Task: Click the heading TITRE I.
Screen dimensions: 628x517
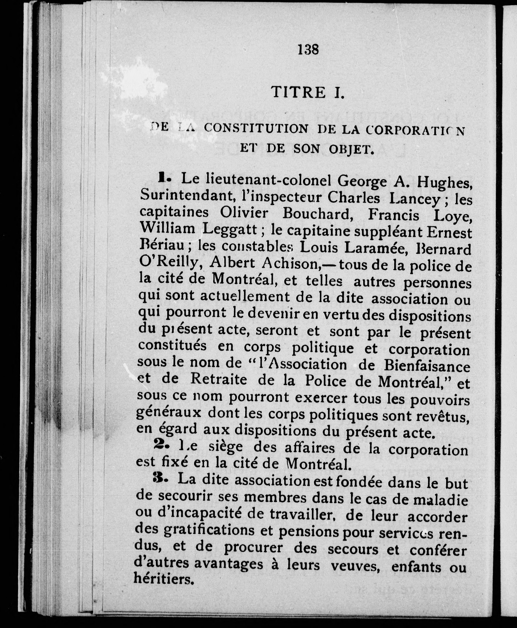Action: (x=308, y=92)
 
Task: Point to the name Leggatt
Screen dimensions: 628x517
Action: (x=230, y=229)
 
